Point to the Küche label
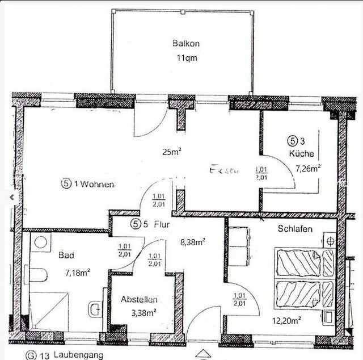coord(301,153)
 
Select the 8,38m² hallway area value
coord(192,242)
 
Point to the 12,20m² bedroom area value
coord(286,320)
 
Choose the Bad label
coord(66,256)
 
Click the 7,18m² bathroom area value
coord(78,273)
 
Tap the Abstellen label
coord(139,300)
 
